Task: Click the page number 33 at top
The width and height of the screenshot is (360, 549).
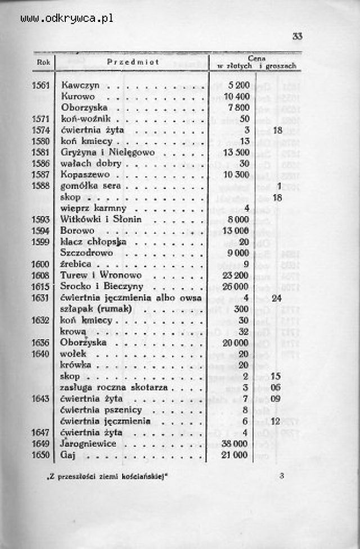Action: [x=298, y=37]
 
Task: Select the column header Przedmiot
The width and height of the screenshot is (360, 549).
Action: [x=132, y=62]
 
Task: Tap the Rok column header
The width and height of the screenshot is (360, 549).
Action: [x=43, y=62]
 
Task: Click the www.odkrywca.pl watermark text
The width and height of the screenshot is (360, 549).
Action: [x=67, y=18]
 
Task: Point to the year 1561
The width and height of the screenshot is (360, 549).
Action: [x=42, y=86]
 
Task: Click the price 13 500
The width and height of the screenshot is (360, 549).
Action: [x=235, y=152]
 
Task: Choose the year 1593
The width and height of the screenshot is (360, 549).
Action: [x=42, y=219]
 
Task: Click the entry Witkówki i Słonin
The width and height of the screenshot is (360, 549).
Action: [x=101, y=219]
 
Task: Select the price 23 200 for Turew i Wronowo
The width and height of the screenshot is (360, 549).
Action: [x=235, y=275]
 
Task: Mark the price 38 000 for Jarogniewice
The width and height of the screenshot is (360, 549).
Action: [x=235, y=443]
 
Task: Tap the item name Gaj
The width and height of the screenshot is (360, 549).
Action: [x=68, y=454]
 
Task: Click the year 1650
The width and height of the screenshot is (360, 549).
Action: [x=42, y=454]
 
